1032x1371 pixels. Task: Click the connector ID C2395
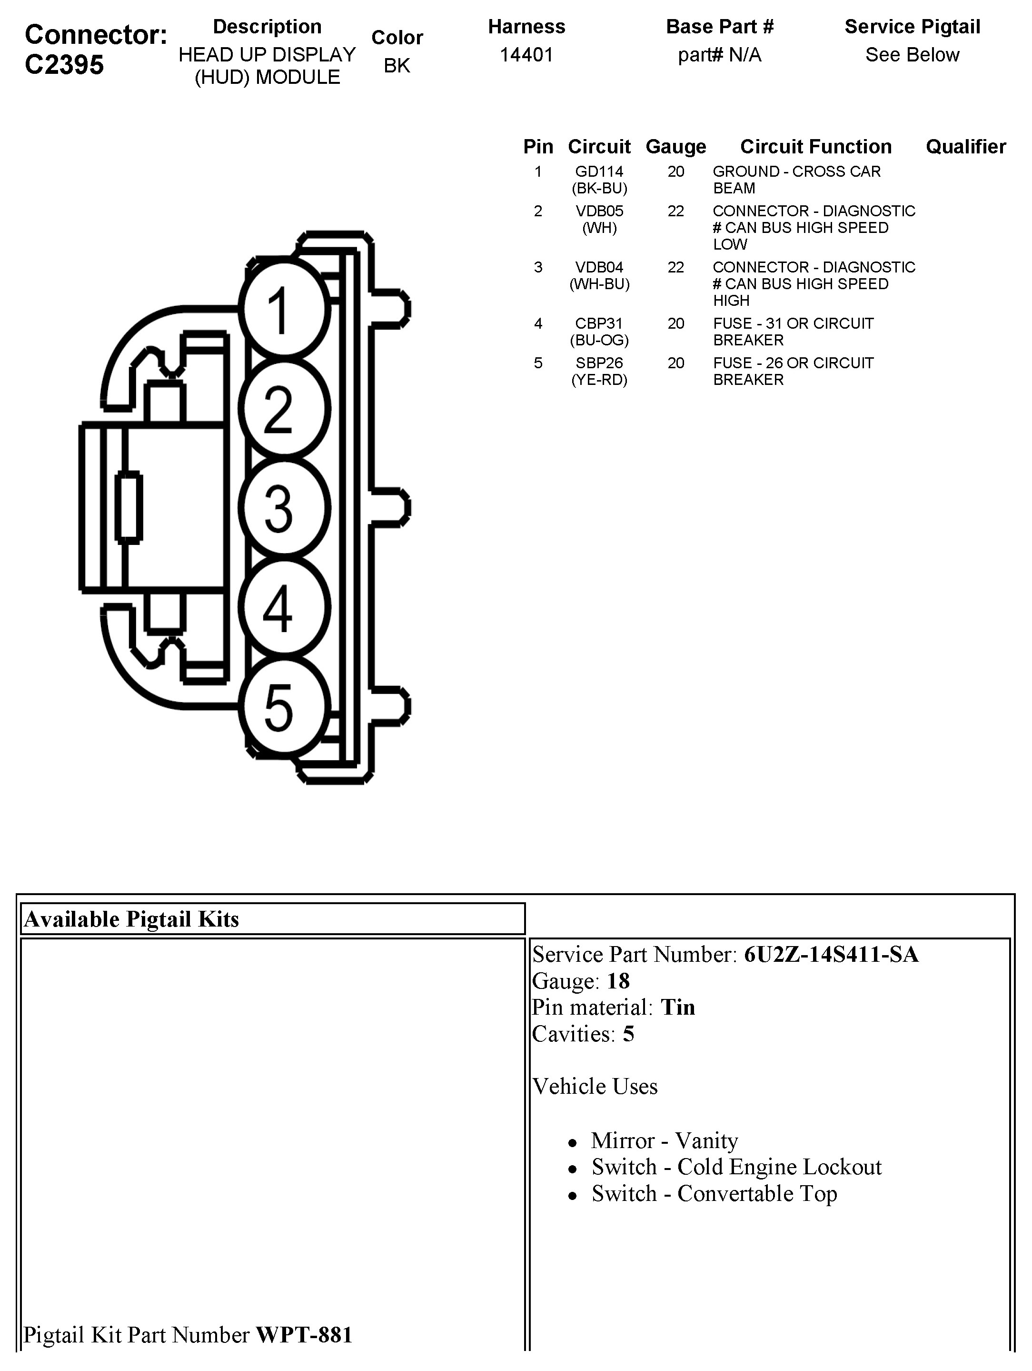(x=64, y=64)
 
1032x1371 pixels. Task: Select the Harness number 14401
(x=526, y=55)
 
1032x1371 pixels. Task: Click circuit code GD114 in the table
(x=599, y=171)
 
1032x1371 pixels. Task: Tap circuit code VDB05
(x=599, y=212)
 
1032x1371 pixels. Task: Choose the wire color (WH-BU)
(x=599, y=284)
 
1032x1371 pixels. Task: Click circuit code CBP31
(x=599, y=323)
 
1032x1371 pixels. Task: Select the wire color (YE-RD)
(x=599, y=380)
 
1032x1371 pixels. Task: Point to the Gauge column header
(x=676, y=147)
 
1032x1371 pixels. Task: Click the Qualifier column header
(x=966, y=147)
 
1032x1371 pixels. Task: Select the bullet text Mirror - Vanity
(x=665, y=1140)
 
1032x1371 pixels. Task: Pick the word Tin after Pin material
(x=678, y=1007)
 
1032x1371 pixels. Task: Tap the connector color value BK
(x=397, y=66)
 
